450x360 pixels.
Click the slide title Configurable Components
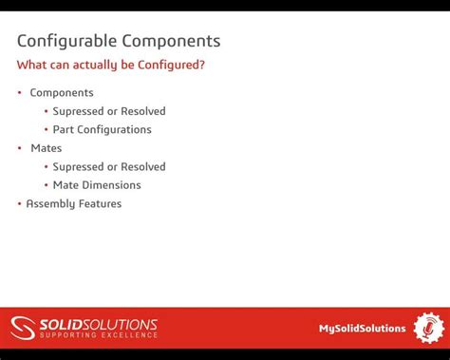click(119, 41)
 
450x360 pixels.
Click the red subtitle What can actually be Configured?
click(111, 65)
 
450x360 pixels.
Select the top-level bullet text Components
click(62, 93)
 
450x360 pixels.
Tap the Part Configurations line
click(102, 129)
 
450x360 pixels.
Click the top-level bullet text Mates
click(47, 148)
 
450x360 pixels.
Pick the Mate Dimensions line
click(97, 185)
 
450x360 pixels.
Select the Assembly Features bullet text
click(74, 203)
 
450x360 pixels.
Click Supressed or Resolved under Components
click(109, 111)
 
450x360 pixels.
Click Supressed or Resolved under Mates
click(109, 166)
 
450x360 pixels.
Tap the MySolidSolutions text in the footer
click(362, 329)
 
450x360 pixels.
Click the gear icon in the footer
click(429, 328)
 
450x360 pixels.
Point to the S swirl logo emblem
click(23, 328)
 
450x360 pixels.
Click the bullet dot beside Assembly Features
click(19, 203)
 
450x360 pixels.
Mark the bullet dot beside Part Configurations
click(45, 129)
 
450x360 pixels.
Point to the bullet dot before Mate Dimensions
click(45, 185)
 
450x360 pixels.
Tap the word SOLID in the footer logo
click(60, 323)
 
